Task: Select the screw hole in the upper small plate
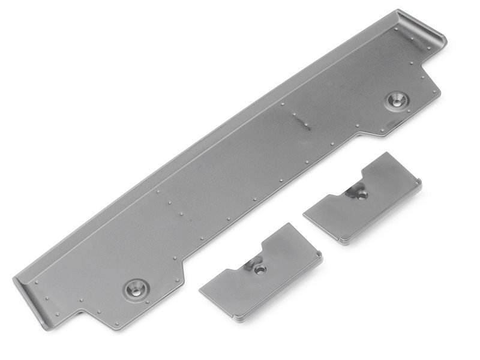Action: [x=362, y=194]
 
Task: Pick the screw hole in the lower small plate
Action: [x=259, y=269]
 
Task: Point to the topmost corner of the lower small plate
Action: [x=287, y=224]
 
